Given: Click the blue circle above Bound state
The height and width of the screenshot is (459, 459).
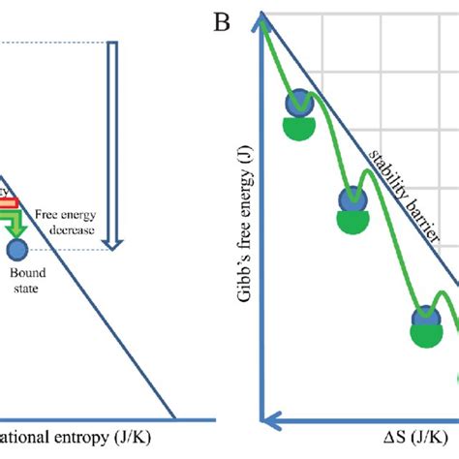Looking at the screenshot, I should pos(16,251).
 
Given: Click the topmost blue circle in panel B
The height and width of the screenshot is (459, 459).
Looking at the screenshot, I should pos(297,105).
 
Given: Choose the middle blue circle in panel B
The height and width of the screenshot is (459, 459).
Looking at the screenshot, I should pos(350,201).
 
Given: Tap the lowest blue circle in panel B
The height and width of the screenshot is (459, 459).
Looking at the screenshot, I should pos(425,318).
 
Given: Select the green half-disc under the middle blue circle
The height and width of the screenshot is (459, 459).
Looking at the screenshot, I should pos(352,224).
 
